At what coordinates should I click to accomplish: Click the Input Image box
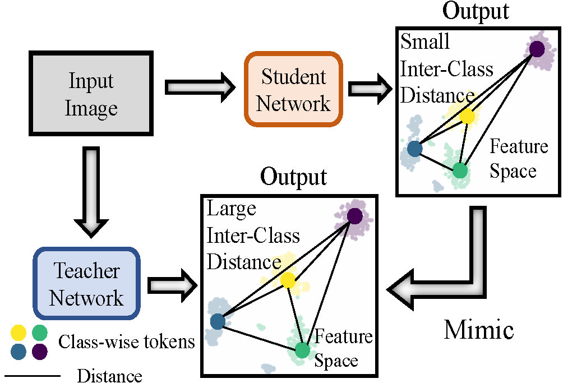click(x=91, y=93)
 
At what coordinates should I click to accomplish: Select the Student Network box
click(x=293, y=89)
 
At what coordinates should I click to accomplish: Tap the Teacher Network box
click(x=86, y=283)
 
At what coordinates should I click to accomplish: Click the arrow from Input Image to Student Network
click(x=200, y=87)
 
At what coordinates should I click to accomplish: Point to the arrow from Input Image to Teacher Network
click(x=91, y=191)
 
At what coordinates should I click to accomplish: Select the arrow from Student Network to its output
click(x=370, y=88)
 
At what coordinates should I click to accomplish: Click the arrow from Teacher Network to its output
click(x=172, y=286)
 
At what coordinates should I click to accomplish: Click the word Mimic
click(x=479, y=329)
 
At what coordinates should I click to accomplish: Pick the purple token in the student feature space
click(x=537, y=49)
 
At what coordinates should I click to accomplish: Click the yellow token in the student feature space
click(x=467, y=116)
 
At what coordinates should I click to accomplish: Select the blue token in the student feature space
click(x=415, y=149)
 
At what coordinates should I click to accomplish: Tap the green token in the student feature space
click(x=460, y=170)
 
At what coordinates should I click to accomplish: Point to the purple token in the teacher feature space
click(x=355, y=216)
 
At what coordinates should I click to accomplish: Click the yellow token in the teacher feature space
click(x=288, y=280)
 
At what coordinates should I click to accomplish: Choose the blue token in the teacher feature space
click(x=218, y=321)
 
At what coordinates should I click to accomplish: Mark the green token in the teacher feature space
click(x=302, y=350)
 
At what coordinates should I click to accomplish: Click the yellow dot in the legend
click(x=19, y=333)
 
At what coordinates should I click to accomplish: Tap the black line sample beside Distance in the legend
click(x=32, y=376)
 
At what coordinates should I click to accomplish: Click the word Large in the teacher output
click(x=231, y=209)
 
